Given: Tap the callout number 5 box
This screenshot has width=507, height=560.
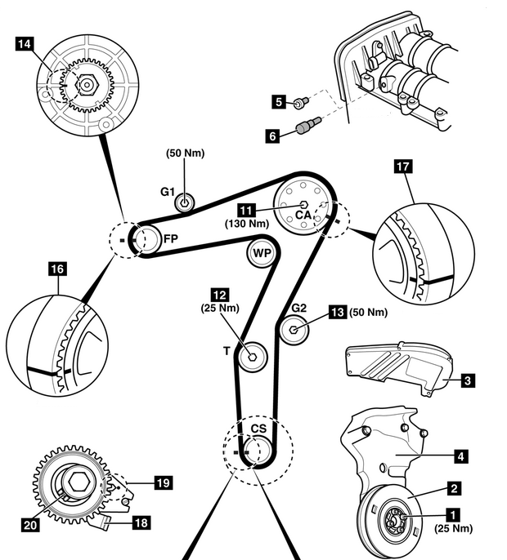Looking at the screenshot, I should (279, 102).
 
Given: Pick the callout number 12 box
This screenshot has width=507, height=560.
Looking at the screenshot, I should (220, 293).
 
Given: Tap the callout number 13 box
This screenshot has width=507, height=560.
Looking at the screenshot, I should (338, 311).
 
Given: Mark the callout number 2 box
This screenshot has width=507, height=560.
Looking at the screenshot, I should (452, 489).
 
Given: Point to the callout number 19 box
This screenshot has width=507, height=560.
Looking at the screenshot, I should (163, 483).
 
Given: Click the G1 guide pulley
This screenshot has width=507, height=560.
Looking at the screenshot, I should (186, 202).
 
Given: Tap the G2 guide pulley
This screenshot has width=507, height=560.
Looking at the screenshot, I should (296, 329).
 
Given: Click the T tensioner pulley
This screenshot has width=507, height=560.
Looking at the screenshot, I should (252, 355).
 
